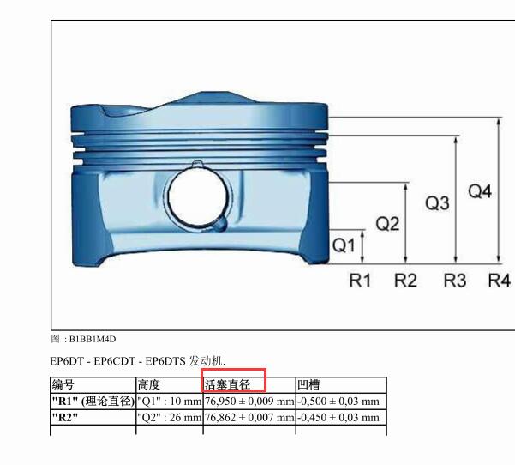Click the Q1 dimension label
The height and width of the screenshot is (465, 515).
pos(344,245)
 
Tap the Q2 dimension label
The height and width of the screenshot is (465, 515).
pos(387,224)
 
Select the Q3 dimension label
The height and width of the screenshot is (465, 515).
pos(437,202)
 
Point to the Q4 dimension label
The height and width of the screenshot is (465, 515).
pos(480,191)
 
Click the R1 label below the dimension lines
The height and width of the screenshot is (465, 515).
pos(360,281)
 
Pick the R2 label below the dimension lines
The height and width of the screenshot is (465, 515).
pos(405,281)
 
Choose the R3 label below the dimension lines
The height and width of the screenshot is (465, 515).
pos(455,281)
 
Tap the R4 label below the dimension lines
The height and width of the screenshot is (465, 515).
pos(500,281)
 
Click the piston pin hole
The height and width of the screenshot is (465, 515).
pos(197,198)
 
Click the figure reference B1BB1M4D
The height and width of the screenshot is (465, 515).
pos(93,339)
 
